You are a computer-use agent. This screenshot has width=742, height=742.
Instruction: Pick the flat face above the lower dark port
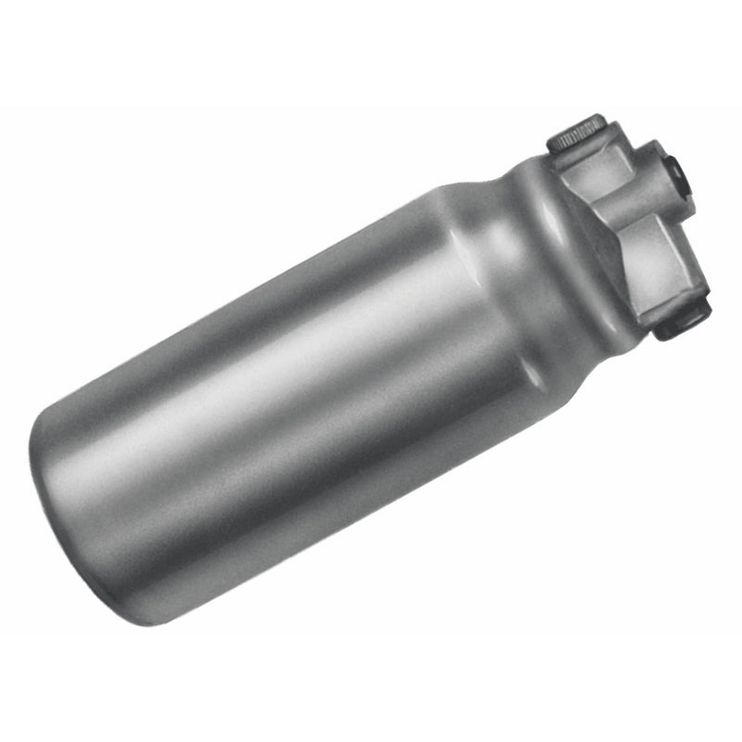[654, 269]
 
